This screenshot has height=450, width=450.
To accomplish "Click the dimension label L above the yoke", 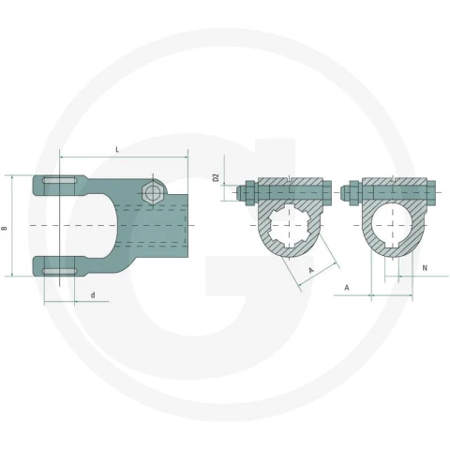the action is [x=117, y=149].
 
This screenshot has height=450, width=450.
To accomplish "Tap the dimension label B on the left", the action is [x=5, y=229].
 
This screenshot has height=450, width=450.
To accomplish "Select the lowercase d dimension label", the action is [x=93, y=295].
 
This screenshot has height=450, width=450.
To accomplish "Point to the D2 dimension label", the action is [x=216, y=178].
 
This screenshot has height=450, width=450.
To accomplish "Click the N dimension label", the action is [x=425, y=268].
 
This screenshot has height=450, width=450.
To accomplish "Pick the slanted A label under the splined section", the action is [x=311, y=270].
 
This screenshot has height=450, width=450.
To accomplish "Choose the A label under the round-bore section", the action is [x=347, y=287].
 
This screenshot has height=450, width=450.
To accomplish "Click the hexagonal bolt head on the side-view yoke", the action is [x=152, y=192].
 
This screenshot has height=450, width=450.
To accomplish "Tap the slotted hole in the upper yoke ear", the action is [x=60, y=181].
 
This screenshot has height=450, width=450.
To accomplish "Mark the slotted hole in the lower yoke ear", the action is [x=60, y=271].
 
